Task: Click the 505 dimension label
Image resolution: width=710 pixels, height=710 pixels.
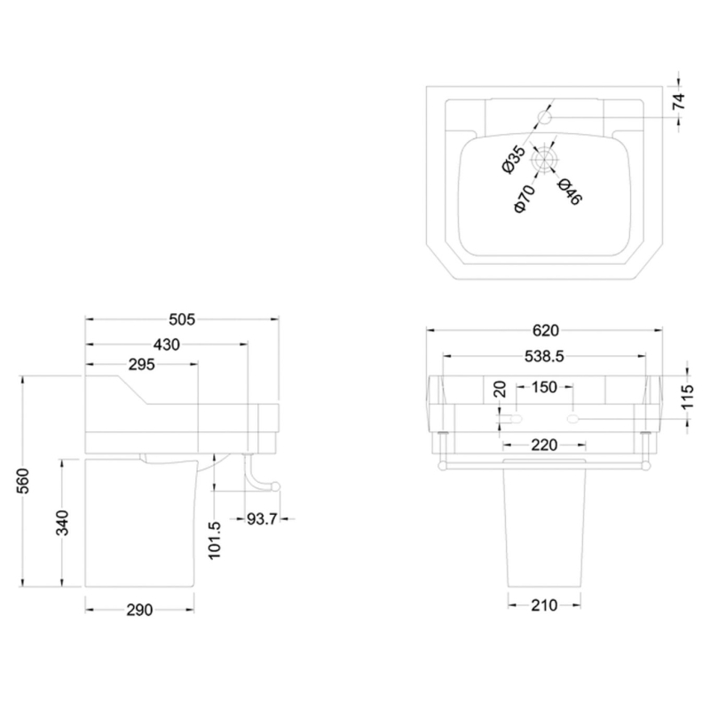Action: click(182, 319)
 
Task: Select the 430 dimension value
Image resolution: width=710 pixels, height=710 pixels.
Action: click(167, 344)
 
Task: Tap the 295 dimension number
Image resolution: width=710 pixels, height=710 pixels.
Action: click(141, 364)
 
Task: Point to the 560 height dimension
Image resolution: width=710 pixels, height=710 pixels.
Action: click(24, 481)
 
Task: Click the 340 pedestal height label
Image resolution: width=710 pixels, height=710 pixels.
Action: click(62, 522)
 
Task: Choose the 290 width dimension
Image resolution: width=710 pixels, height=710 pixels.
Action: click(139, 610)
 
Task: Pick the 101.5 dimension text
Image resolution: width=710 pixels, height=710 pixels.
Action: click(215, 540)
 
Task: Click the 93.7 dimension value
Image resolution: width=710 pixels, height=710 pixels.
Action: click(262, 518)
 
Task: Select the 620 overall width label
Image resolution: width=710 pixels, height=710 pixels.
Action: click(546, 330)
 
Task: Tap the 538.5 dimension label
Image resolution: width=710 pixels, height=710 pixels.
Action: click(544, 357)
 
